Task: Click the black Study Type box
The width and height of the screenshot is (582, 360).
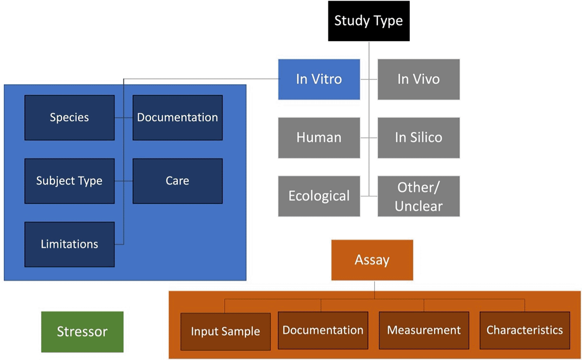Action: (x=369, y=21)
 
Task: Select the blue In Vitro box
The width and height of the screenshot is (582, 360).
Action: (x=319, y=79)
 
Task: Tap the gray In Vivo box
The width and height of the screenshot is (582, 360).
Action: (x=418, y=79)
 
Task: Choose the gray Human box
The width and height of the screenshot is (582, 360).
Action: (x=319, y=138)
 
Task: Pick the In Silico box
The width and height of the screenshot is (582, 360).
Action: (x=418, y=138)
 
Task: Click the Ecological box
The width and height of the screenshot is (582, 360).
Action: (x=319, y=196)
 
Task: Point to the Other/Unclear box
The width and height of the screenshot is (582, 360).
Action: (x=418, y=196)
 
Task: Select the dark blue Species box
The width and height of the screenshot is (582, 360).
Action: (x=70, y=118)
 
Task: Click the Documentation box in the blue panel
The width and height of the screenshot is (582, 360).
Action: (x=177, y=118)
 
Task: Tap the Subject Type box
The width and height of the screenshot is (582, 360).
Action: (x=70, y=181)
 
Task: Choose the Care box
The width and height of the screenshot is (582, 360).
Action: (x=177, y=181)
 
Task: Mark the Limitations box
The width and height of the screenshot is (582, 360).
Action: (x=70, y=244)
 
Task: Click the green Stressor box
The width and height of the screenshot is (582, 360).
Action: (x=82, y=332)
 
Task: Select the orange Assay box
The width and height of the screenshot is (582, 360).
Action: (x=372, y=260)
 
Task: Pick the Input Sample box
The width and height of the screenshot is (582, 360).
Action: (x=225, y=332)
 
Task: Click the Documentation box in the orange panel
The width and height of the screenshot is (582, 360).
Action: (x=323, y=330)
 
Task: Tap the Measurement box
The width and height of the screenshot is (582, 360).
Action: (x=424, y=330)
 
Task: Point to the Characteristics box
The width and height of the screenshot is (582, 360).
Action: (x=524, y=330)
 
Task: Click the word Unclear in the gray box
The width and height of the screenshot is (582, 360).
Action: (x=418, y=206)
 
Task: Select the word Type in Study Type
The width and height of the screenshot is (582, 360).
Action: (x=388, y=21)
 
